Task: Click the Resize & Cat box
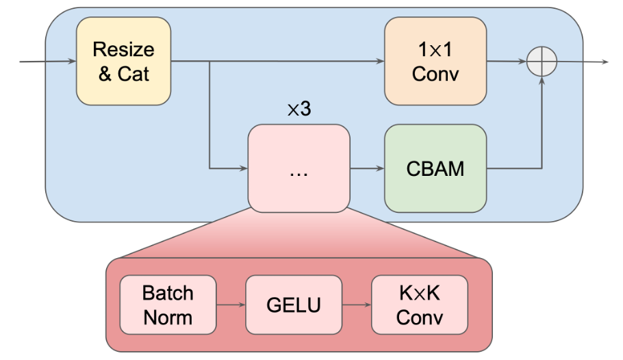123,62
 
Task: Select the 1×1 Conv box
435,62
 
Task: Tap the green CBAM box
435,168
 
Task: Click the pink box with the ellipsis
298,168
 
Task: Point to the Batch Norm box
168,305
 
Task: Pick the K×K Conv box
419,305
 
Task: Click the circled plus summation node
542,62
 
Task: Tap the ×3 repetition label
298,110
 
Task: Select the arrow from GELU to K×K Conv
356,305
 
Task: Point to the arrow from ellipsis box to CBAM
367,168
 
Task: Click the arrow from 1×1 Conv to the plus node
507,62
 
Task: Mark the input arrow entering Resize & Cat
48,62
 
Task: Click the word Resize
123,50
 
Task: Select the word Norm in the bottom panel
168,317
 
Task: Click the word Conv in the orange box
435,73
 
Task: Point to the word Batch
168,293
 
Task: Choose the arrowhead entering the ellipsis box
243,168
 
